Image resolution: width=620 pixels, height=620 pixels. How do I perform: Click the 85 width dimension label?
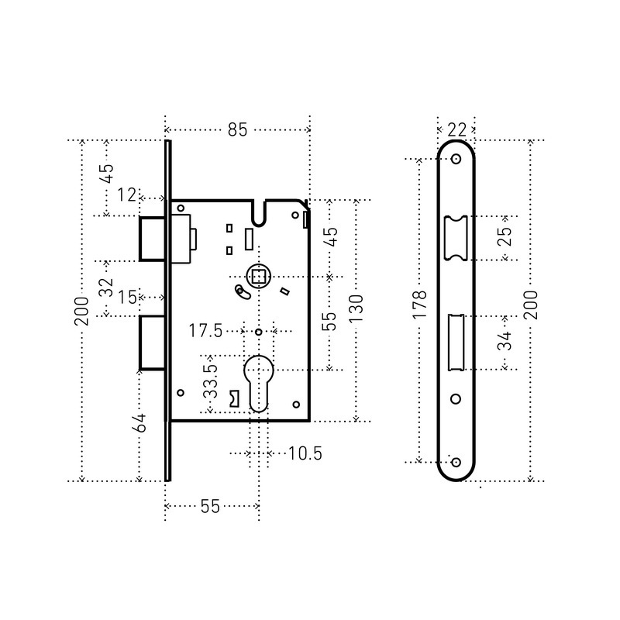(x=237, y=129)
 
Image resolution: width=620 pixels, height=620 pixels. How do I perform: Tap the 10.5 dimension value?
(x=305, y=453)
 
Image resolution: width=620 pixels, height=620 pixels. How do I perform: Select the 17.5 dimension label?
(x=205, y=331)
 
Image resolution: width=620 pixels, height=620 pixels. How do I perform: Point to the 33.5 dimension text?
(x=211, y=381)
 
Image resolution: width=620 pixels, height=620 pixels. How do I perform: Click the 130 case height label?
(x=356, y=308)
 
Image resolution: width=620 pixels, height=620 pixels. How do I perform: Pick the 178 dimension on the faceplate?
(x=419, y=305)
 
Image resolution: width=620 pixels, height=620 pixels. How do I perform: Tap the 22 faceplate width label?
(x=456, y=129)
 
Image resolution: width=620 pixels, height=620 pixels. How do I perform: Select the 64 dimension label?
(x=141, y=423)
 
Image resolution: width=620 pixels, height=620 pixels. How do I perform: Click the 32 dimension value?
(x=106, y=288)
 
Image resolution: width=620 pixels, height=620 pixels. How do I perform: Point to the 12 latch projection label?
(x=126, y=195)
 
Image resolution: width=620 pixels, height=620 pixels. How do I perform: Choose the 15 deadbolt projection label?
(x=127, y=298)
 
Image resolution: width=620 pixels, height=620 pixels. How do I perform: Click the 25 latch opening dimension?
(x=505, y=236)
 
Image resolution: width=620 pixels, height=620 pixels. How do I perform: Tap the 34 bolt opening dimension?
(x=505, y=341)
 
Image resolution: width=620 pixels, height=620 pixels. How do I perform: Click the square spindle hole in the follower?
(x=259, y=277)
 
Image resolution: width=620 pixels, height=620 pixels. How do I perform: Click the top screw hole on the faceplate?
(x=456, y=160)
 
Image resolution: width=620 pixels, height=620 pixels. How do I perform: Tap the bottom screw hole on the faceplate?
(x=456, y=462)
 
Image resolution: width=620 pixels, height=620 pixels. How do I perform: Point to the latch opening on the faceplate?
(x=456, y=238)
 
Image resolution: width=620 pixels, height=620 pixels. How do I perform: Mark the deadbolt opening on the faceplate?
(x=456, y=343)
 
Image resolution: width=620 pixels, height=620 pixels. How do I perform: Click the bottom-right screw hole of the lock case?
(x=296, y=405)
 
